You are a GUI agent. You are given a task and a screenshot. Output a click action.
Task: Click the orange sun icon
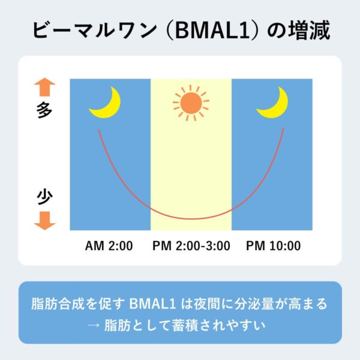(x=191, y=103)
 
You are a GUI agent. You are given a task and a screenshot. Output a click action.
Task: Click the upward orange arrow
(x=45, y=87)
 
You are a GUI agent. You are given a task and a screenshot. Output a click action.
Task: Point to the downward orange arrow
(x=45, y=221)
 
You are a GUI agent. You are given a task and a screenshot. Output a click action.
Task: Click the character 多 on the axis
(x=44, y=110)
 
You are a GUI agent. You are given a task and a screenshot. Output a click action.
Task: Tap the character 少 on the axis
(x=44, y=197)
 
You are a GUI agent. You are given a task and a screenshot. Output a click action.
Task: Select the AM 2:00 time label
(x=109, y=245)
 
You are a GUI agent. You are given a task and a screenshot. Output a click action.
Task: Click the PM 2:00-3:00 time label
(x=191, y=245)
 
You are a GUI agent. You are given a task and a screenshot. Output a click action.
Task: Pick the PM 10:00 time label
(x=273, y=245)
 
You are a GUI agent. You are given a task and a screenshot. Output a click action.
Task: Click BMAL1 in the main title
(x=212, y=31)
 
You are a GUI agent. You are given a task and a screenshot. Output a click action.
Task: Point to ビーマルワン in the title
(x=95, y=31)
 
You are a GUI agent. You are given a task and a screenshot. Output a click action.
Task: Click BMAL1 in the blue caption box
(x=152, y=304)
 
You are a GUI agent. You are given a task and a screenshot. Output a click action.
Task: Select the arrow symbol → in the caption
(x=94, y=325)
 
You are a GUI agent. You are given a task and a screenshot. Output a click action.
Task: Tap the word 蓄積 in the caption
(x=185, y=325)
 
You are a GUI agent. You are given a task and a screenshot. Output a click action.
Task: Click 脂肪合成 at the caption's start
(x=58, y=304)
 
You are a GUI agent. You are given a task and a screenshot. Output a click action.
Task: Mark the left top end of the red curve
(x=99, y=130)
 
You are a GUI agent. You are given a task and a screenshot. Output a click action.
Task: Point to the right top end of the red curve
(x=284, y=128)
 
